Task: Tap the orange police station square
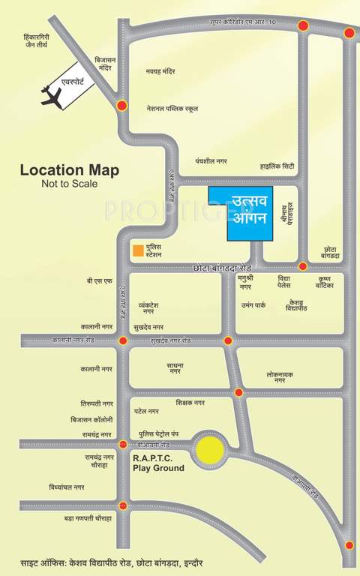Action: point(137,250)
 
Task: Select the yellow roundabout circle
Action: point(211,451)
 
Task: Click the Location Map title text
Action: point(69,170)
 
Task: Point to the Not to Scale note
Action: point(69,183)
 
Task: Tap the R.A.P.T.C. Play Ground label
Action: point(157,463)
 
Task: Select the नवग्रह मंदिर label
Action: point(160,71)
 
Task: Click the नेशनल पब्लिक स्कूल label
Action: point(172,108)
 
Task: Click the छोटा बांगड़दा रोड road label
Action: point(226,267)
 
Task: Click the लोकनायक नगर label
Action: point(280,376)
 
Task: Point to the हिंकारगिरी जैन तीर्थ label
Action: point(36,40)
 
